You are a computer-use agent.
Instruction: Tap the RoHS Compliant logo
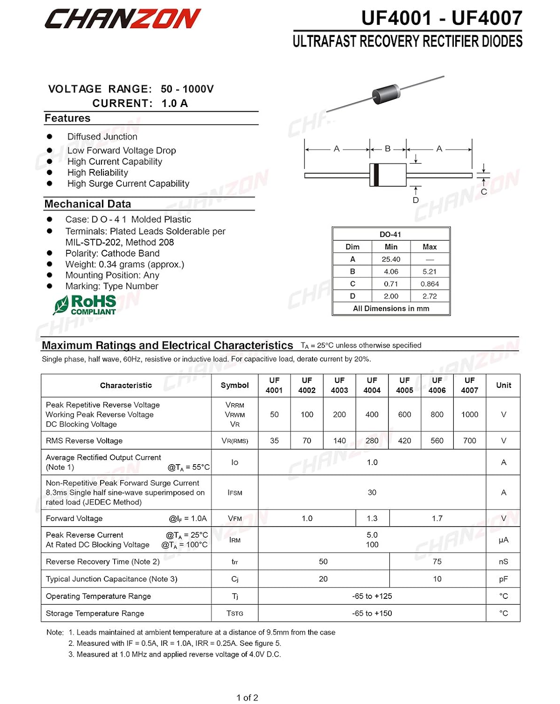tap(85, 305)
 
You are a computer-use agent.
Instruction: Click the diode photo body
tap(386, 93)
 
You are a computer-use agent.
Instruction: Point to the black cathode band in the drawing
tap(376, 175)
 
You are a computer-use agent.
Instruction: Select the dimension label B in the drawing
tap(388, 149)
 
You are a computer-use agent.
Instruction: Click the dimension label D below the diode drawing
tap(416, 200)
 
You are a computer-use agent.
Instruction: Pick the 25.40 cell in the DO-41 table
tap(391, 259)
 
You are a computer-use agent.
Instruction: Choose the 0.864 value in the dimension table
tap(429, 284)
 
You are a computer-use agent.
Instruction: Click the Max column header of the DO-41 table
tap(429, 247)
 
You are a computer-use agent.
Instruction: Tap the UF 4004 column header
tap(372, 385)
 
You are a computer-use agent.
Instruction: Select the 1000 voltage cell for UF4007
tap(469, 414)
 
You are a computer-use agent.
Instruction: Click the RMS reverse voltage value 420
tap(404, 441)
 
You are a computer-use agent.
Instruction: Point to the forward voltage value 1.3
tap(372, 519)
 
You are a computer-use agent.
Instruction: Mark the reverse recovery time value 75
tap(437, 562)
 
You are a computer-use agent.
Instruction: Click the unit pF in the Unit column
tap(503, 579)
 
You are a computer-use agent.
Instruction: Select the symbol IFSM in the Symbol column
tap(235, 493)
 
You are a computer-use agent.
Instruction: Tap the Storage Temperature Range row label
tap(95, 613)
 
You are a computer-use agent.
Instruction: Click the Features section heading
tap(68, 118)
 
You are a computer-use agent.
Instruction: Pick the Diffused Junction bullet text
tap(102, 137)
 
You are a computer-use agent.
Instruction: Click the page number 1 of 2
tap(247, 698)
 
